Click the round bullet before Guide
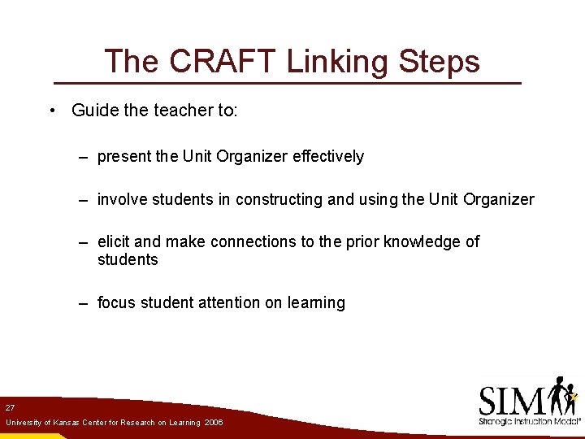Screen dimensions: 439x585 pos(52,111)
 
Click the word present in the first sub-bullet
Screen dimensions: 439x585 pos(124,157)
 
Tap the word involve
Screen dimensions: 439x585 pos(123,200)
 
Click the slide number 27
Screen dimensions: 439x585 pos(10,406)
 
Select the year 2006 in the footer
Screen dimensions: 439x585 pos(214,424)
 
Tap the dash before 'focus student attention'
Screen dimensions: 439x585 pos(84,303)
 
